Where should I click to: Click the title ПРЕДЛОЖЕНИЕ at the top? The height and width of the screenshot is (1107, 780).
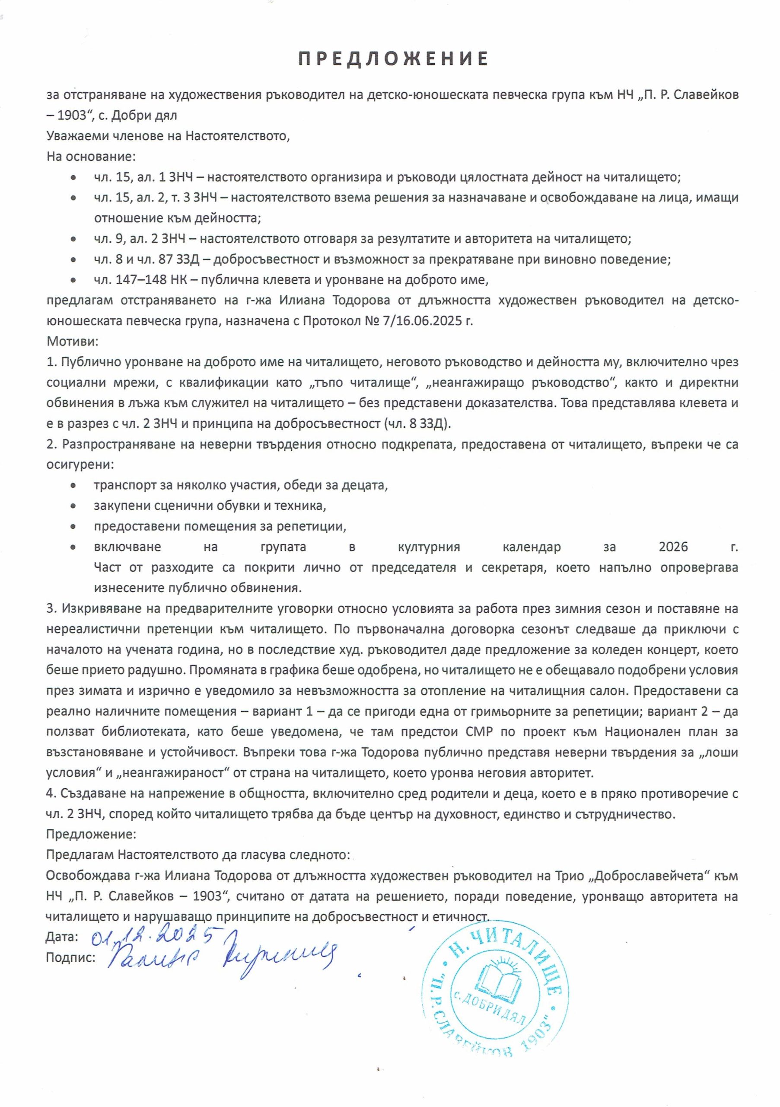(x=393, y=59)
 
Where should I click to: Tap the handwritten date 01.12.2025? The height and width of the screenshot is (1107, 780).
(x=152, y=936)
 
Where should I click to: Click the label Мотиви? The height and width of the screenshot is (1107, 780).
(x=72, y=342)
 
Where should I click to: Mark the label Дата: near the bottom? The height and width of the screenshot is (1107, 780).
(x=62, y=936)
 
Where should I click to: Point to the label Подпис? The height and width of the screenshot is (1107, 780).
(x=70, y=957)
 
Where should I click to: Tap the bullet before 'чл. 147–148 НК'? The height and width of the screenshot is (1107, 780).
(x=73, y=280)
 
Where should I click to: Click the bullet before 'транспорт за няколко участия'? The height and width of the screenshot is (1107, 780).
(x=73, y=486)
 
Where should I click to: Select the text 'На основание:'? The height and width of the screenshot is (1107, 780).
(x=91, y=157)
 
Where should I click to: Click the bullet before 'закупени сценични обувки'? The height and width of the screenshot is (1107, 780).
(x=73, y=506)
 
